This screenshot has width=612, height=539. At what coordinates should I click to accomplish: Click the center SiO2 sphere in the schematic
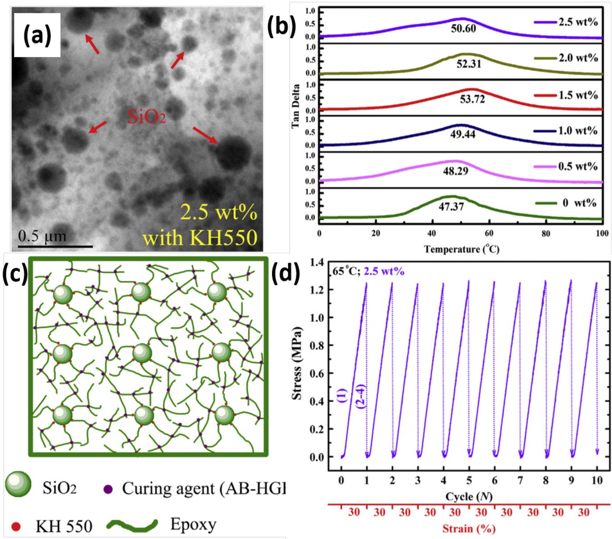click(x=142, y=353)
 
